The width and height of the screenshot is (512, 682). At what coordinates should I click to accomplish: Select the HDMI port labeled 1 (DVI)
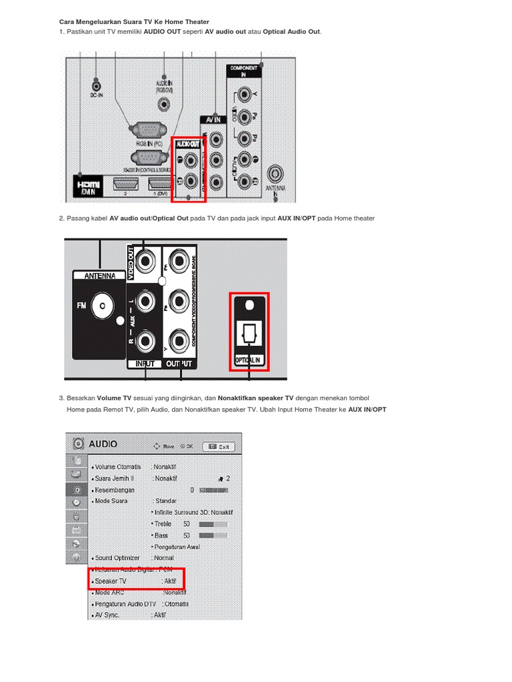159,184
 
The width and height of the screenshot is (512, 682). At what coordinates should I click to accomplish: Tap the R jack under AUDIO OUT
192,180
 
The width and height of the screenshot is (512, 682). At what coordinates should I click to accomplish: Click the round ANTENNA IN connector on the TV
275,175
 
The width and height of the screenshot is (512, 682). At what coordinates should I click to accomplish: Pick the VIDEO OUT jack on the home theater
148,261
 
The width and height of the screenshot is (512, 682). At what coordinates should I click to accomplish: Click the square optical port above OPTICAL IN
249,333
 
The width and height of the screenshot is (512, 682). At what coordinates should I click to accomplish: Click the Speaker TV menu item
111,581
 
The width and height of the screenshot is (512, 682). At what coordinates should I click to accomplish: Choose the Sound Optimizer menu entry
117,557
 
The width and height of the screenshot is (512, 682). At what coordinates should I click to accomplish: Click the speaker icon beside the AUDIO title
79,444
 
